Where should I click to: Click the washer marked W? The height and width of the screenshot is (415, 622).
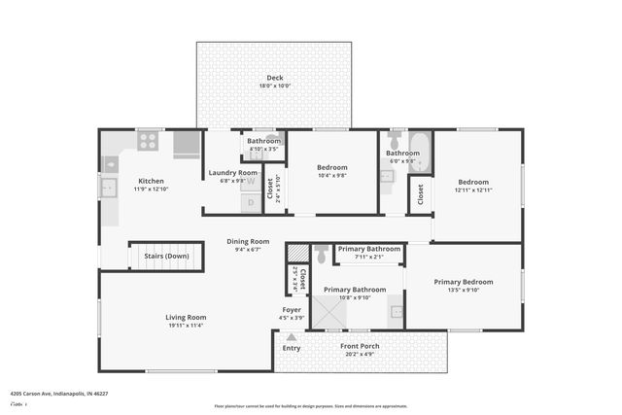[x=250, y=181]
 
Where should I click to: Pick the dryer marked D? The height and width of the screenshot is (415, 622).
[x=250, y=202]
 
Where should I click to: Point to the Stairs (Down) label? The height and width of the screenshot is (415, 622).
[x=166, y=257]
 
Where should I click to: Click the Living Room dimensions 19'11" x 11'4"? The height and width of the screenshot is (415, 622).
[x=185, y=326]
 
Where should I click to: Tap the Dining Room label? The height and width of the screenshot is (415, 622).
[x=248, y=241]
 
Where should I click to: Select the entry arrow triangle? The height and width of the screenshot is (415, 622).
[x=291, y=337]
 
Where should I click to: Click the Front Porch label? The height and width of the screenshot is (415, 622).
[x=360, y=346]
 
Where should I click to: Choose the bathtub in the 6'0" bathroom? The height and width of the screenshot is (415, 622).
[x=419, y=150]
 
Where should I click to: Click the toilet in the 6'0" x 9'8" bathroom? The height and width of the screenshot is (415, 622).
[x=395, y=140]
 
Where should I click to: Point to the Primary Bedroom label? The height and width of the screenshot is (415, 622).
[x=464, y=282]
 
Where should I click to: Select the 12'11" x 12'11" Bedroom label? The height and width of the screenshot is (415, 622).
[x=473, y=182]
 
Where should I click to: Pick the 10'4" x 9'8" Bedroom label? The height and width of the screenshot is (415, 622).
[x=333, y=168]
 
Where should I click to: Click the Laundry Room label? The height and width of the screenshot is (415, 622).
[x=233, y=173]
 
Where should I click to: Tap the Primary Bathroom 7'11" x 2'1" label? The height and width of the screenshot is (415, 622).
[x=368, y=249]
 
